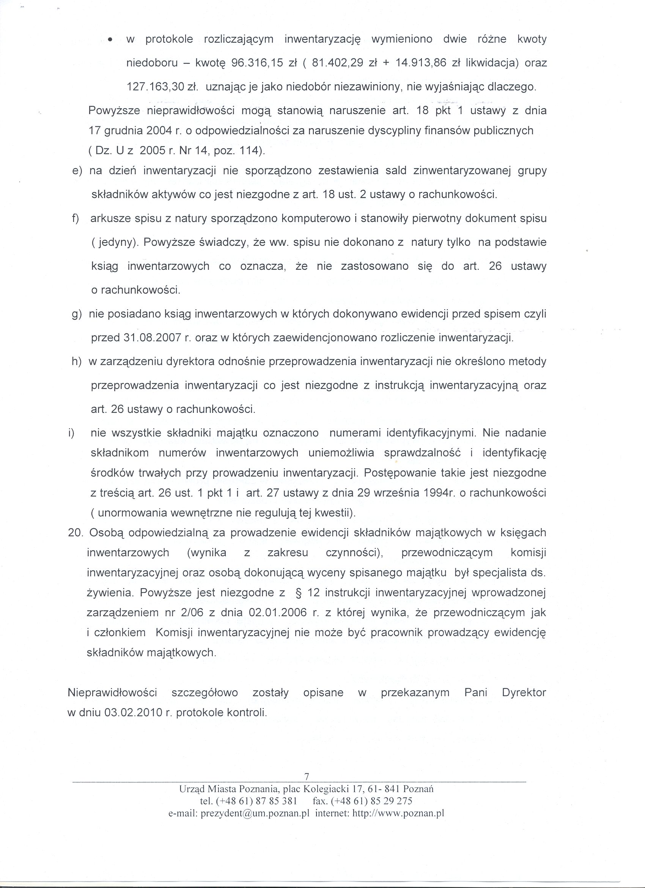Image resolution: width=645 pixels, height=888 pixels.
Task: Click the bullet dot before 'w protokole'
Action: pos(112,40)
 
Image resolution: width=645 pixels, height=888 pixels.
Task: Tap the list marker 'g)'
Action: pos(77,314)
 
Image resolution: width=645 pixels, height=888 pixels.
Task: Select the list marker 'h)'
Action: pos(77,362)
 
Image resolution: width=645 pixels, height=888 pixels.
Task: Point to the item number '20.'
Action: pos(76,533)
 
